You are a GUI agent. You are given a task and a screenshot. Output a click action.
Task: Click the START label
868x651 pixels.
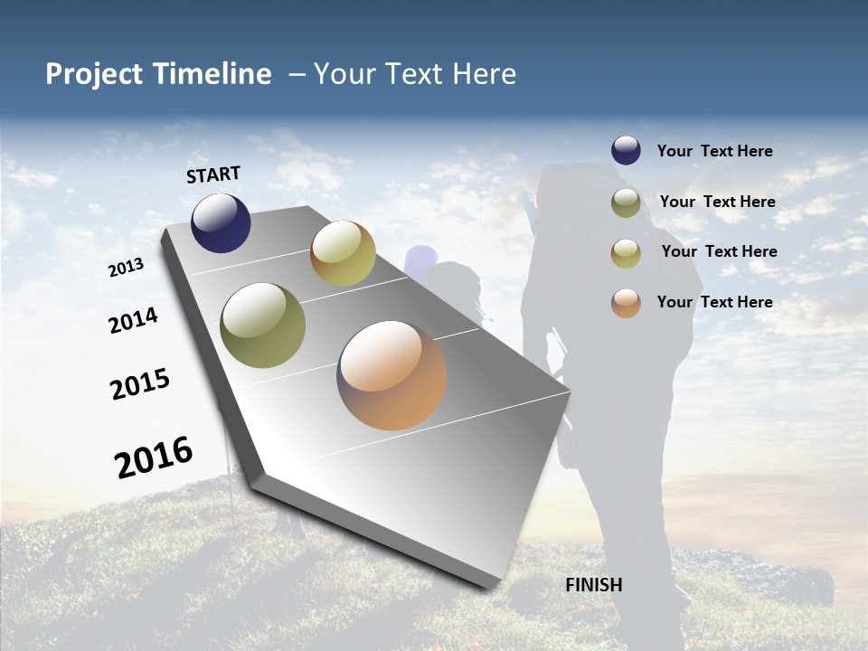coord(213,175)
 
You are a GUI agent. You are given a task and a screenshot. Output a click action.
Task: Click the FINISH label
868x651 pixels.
coord(593,585)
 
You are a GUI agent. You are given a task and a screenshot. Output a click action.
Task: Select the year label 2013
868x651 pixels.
coord(126,268)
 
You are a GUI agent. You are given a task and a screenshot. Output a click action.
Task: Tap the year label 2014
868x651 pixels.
coord(134,321)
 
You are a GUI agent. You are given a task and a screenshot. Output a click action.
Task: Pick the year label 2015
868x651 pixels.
coord(140,384)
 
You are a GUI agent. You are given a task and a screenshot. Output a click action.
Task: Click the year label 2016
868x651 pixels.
coord(154,458)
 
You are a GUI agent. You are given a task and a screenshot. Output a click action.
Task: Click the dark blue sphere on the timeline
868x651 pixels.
coord(221,222)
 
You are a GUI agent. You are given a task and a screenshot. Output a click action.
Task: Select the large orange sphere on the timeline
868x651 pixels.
coord(392,374)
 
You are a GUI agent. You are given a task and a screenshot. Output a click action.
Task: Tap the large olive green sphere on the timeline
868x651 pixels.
coord(263,325)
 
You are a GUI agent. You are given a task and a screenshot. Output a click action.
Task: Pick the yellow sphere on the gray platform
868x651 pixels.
coord(343,253)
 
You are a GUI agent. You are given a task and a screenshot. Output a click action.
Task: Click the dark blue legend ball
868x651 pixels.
coord(626,150)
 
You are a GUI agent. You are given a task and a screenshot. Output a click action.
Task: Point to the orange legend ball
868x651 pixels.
coord(626,302)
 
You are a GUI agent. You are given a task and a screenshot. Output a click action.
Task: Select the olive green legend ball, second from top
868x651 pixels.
coord(626,202)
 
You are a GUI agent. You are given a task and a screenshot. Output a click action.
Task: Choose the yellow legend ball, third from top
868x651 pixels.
coord(626,252)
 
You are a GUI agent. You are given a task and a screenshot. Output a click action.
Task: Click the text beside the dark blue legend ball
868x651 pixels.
coord(714,151)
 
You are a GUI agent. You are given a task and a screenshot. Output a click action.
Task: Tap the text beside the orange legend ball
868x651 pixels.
coord(714,302)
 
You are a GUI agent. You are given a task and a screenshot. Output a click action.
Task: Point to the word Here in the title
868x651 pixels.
coord(484,74)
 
